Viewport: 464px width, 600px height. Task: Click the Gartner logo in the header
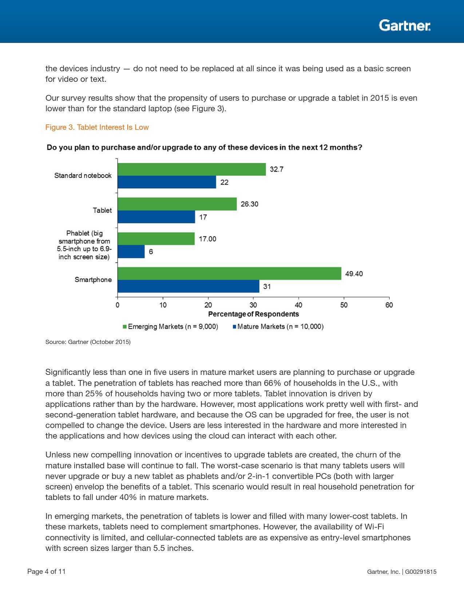click(404, 25)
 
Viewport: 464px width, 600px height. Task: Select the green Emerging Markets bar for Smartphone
click(229, 273)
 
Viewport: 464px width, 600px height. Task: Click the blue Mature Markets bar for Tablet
click(156, 217)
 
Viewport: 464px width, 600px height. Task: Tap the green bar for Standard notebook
click(191, 169)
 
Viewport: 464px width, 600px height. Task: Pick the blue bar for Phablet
click(131, 252)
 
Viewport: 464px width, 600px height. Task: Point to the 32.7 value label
click(277, 169)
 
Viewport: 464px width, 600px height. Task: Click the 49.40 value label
click(354, 274)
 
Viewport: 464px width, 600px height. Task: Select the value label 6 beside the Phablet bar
click(151, 252)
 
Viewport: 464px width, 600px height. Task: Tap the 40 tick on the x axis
click(298, 305)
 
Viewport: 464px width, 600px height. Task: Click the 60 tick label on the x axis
click(389, 305)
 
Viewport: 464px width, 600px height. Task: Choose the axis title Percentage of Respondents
click(253, 314)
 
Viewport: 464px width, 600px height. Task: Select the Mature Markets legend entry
click(278, 327)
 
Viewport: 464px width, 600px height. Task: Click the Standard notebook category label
click(83, 176)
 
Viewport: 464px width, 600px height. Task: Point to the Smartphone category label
click(93, 280)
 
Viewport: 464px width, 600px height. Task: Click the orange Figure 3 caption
click(97, 127)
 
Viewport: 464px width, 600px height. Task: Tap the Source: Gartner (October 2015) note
click(88, 342)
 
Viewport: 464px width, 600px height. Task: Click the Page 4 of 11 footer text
click(47, 571)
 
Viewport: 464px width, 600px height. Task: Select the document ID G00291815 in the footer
click(421, 572)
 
